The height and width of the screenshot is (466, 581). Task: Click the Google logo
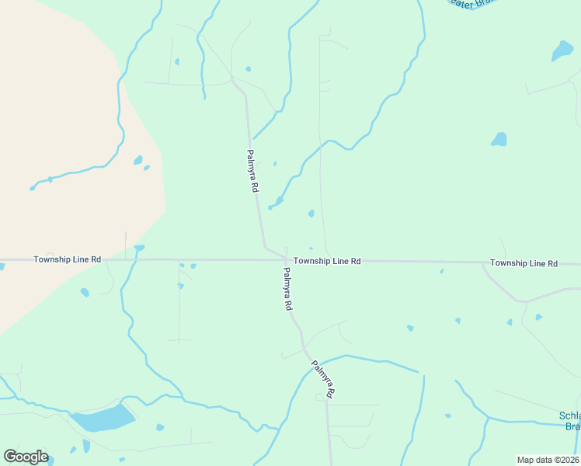(x=26, y=457)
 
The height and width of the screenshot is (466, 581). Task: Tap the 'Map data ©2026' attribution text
(x=548, y=460)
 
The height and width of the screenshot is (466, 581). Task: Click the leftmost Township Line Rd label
(x=67, y=259)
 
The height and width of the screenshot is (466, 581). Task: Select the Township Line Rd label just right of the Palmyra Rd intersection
(x=327, y=262)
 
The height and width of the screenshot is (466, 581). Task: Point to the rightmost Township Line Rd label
(x=524, y=264)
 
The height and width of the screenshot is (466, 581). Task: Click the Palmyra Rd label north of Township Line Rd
(x=252, y=172)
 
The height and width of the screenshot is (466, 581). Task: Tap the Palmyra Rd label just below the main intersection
(x=287, y=290)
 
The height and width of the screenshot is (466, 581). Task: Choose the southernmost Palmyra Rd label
(x=322, y=380)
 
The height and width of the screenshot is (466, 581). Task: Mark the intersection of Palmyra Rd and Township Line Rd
(x=287, y=260)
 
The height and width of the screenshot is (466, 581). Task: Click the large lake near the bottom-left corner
(x=103, y=419)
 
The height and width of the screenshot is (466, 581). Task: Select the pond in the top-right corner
(x=562, y=51)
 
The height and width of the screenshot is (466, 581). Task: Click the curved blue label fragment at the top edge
(x=471, y=4)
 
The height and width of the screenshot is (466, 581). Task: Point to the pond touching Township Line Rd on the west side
(x=139, y=249)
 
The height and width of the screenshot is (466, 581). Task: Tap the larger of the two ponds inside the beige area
(x=137, y=161)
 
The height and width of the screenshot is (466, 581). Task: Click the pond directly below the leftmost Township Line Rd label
(x=85, y=292)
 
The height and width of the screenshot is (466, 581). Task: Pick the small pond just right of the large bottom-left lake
(x=160, y=427)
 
